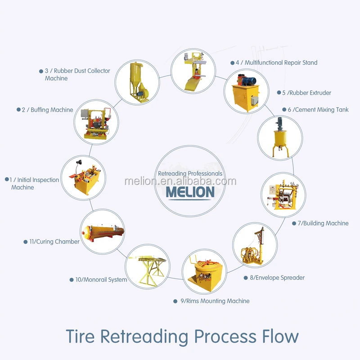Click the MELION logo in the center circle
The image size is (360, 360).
coord(190,192)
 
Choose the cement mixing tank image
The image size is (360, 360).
coord(279,138)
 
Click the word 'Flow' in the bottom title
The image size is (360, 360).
coord(279,336)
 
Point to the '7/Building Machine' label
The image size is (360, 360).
coord(323,223)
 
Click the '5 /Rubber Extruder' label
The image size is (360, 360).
coord(306,93)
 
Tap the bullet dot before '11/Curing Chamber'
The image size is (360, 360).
coord(26,242)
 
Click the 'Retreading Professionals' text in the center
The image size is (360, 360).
coord(190,173)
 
